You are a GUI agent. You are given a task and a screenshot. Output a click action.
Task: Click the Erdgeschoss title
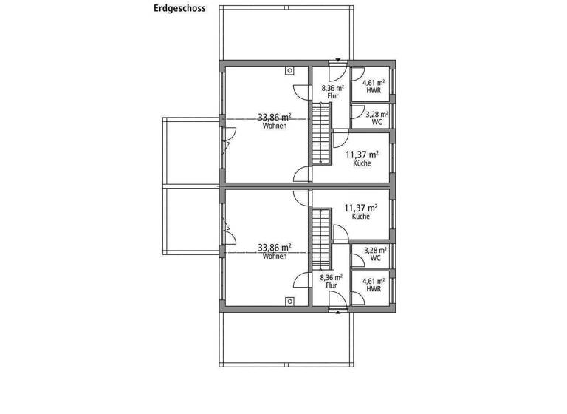pyautogui.click(x=179, y=10)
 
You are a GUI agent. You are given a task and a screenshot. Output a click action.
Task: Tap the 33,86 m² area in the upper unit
pyautogui.click(x=274, y=117)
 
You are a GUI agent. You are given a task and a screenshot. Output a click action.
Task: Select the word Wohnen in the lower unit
pyautogui.click(x=274, y=257)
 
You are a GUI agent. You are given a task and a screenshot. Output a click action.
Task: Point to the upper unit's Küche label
pyautogui.click(x=362, y=163)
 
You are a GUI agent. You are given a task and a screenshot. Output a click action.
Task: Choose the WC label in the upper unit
pyautogui.click(x=377, y=121)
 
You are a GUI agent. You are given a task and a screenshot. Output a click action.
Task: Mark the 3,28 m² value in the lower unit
pyautogui.click(x=376, y=251)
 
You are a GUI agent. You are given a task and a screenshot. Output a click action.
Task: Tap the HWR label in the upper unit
pyautogui.click(x=376, y=89)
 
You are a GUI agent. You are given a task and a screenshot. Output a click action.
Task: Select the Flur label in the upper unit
pyautogui.click(x=332, y=95)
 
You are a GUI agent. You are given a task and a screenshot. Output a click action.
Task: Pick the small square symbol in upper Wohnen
pyautogui.click(x=290, y=72)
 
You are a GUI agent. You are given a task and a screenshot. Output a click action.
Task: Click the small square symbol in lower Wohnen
pyautogui.click(x=290, y=300)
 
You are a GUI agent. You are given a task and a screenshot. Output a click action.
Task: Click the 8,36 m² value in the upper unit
pyautogui.click(x=332, y=87)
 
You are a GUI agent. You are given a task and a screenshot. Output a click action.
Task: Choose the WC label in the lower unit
pyautogui.click(x=376, y=259)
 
